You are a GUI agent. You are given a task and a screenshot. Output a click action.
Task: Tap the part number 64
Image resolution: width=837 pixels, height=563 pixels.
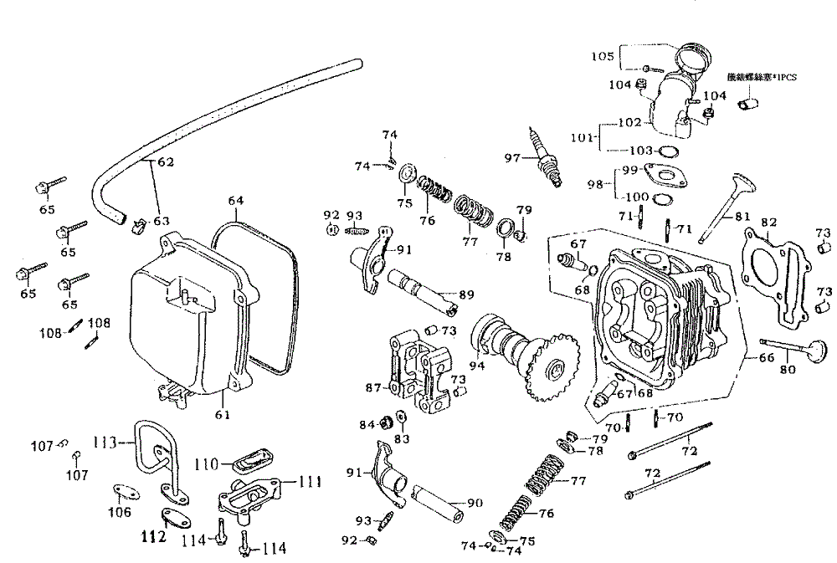point(236,201)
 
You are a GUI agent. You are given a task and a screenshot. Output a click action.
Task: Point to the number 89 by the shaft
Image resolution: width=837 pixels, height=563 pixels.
point(466,294)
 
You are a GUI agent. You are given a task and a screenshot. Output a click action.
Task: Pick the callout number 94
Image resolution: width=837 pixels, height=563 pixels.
point(478,365)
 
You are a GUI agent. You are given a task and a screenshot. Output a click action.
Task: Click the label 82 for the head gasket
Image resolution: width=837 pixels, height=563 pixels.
point(769,223)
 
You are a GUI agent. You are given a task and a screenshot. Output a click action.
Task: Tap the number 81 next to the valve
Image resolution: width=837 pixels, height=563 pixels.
point(742,218)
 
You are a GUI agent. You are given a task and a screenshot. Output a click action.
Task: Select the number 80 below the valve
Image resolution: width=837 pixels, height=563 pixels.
point(787,370)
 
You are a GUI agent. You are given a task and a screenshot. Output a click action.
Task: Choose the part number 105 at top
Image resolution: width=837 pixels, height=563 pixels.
point(603,57)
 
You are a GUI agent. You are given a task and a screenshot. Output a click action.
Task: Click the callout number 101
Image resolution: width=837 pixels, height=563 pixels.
point(582,136)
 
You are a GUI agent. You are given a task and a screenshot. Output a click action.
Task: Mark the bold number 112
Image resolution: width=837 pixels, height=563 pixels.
point(153,538)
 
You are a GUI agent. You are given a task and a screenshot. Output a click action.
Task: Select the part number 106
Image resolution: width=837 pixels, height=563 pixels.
point(121,512)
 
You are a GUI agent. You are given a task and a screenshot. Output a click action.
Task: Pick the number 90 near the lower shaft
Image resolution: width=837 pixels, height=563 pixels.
point(475,503)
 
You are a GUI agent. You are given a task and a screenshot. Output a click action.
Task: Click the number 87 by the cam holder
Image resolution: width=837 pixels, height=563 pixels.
point(373,387)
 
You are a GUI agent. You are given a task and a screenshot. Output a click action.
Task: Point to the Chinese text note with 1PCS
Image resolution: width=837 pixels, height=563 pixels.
point(762,78)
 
